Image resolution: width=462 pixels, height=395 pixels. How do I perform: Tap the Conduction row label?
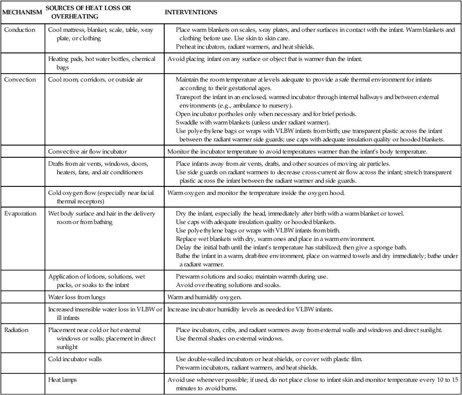(20, 30)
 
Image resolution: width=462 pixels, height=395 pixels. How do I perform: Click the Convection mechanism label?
(20, 80)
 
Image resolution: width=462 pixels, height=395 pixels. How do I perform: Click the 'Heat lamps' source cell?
(64, 380)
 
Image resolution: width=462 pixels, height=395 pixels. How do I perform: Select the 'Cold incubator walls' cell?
(75, 359)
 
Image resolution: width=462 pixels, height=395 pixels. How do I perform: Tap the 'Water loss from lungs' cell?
(78, 297)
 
